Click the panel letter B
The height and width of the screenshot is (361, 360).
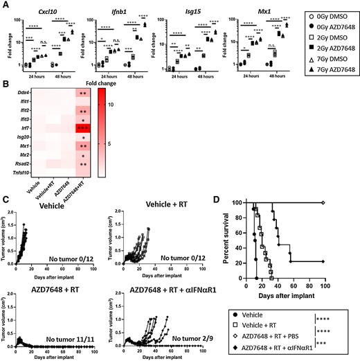click(x=6, y=83)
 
